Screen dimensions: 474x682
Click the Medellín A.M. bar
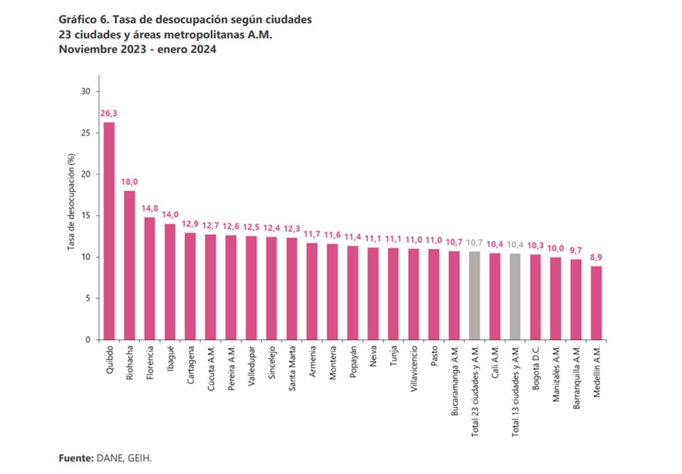coord(596,303)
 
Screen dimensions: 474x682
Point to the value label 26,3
coord(108,114)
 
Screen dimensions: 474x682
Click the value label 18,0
coord(130,183)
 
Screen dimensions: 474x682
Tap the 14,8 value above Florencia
coord(150,209)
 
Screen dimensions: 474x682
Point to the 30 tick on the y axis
coord(85,91)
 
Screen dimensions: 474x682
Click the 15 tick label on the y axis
coord(85,216)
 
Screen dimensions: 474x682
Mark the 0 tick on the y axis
coord(87,340)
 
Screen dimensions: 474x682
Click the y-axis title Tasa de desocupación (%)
coord(70,211)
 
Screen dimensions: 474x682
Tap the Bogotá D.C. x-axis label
coord(536,367)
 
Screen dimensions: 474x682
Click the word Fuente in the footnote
coord(74,458)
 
